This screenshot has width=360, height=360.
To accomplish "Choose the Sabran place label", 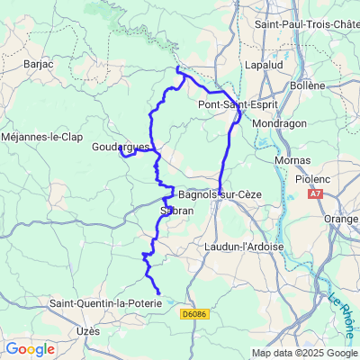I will pyautogui.click(x=176, y=211).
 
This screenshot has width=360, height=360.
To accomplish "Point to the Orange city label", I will pyautogui.click(x=342, y=219).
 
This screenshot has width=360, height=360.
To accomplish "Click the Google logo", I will pyautogui.click(x=30, y=348).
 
